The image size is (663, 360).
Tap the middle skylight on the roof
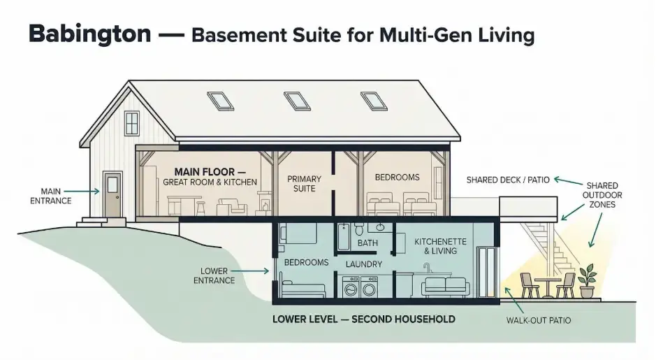tap(298, 100)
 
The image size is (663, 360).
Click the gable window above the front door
tap(131, 123)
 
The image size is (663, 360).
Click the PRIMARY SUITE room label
tap(305, 183)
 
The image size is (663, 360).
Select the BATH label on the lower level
tap(367, 243)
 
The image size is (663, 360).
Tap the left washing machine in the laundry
tap(351, 287)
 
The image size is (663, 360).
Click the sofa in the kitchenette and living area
tap(444, 285)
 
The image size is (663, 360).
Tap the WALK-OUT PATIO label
tap(538, 321)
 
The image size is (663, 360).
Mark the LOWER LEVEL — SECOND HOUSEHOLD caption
tap(364, 319)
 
